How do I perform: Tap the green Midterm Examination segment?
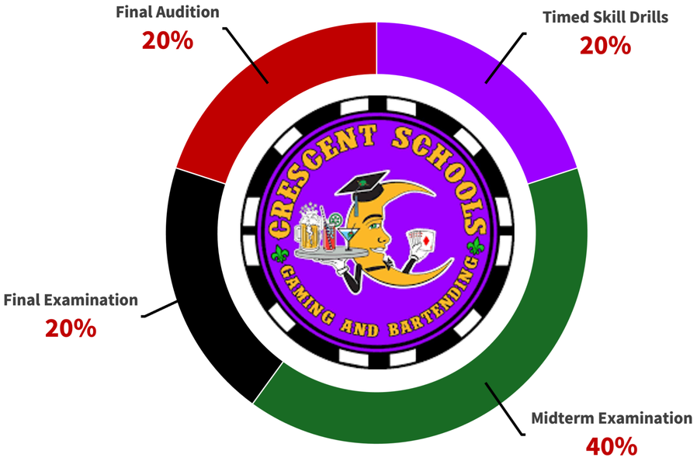point(497,341)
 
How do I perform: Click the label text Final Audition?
point(167,12)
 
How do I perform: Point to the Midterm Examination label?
point(612,418)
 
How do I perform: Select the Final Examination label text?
point(71,299)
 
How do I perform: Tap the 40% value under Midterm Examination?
point(612,446)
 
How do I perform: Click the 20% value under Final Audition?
point(167,40)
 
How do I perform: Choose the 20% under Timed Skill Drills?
point(605,45)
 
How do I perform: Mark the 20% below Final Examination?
point(71,328)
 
